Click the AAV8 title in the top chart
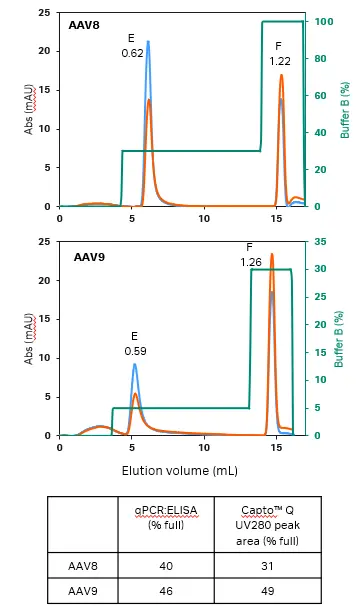(84, 24)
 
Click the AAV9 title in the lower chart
(90, 257)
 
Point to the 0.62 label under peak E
(132, 53)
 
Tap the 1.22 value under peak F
(280, 61)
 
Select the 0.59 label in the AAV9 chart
(135, 351)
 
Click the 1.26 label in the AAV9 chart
(251, 262)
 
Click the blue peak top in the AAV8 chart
(148, 42)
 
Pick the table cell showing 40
(167, 566)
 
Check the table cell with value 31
(273, 566)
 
